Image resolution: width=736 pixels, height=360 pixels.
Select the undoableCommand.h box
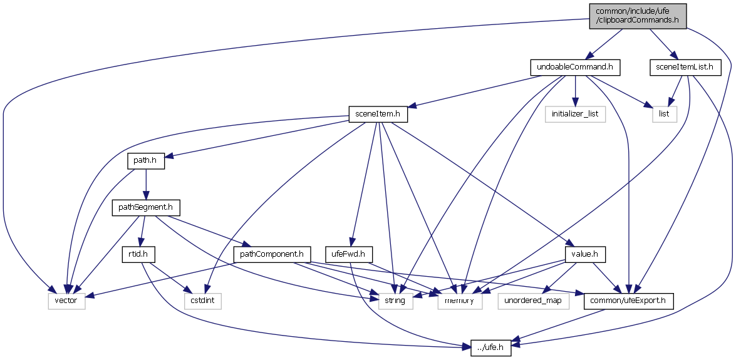(x=575, y=66)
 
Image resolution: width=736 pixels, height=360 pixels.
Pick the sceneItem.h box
(x=378, y=115)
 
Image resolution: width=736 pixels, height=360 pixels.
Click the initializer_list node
(x=575, y=115)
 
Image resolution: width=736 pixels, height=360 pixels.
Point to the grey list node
(x=665, y=115)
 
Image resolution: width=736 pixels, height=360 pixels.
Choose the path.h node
(x=146, y=161)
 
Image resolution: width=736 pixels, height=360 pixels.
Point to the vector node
(x=66, y=301)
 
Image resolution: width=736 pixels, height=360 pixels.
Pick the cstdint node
(x=203, y=301)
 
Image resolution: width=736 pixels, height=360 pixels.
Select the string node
(x=395, y=301)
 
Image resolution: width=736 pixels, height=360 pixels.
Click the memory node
(x=463, y=301)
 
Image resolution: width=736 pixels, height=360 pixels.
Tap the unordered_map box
(x=534, y=301)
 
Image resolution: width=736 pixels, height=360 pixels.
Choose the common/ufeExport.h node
(x=628, y=301)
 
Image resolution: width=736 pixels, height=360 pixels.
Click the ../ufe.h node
(x=491, y=348)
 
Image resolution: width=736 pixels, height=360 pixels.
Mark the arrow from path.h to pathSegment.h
(x=146, y=184)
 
